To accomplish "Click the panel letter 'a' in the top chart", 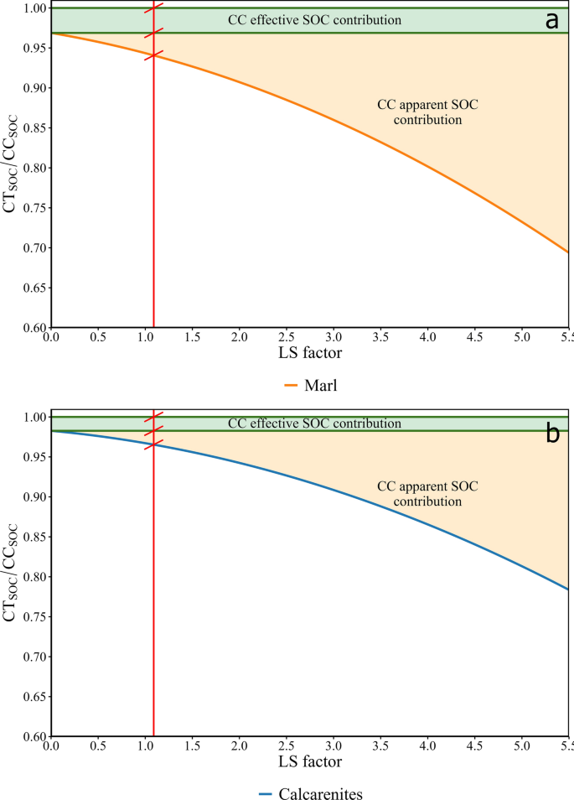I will [x=551, y=21].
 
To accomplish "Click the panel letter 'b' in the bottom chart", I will [x=552, y=434].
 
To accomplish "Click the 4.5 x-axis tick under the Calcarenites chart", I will [x=475, y=745].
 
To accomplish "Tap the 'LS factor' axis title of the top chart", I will [x=309, y=353].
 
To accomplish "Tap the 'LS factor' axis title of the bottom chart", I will [x=309, y=762].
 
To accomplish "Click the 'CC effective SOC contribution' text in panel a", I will [x=315, y=19].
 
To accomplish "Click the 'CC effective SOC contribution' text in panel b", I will [x=315, y=423].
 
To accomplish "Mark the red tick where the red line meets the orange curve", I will [x=154, y=56].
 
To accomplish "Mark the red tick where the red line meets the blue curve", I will [x=154, y=444].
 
